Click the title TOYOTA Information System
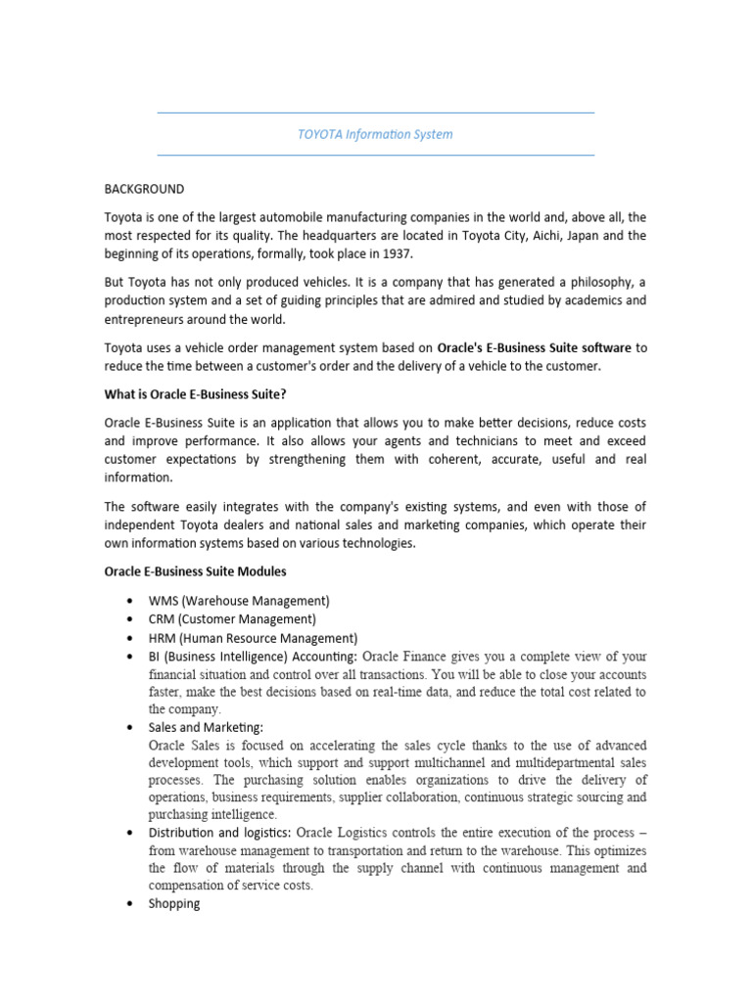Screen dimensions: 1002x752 375,134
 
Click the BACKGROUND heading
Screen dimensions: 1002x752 144,189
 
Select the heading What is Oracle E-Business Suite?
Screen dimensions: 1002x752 196,394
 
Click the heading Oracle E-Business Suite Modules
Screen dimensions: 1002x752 196,570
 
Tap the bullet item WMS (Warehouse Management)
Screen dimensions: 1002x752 239,600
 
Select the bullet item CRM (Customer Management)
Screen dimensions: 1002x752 232,619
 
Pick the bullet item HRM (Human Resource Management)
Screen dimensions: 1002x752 253,638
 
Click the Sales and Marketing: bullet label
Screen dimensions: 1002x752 206,727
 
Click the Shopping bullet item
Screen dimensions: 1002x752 174,903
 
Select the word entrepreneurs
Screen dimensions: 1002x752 150,318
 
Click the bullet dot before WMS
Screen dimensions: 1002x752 130,601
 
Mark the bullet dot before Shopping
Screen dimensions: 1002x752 130,904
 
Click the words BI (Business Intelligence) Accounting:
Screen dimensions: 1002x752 253,656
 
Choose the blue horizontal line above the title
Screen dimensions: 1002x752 375,114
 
